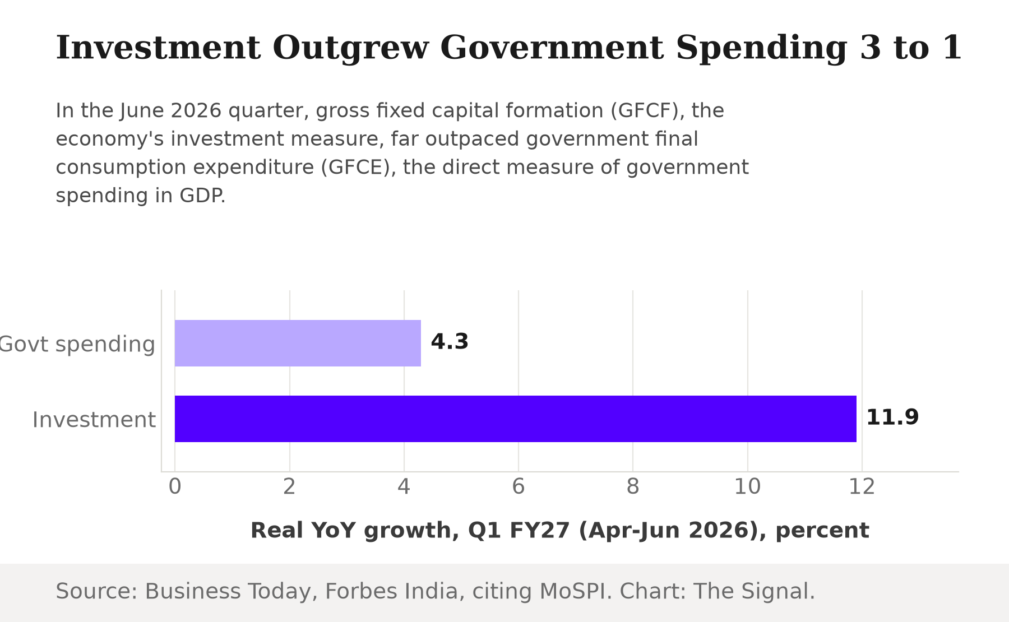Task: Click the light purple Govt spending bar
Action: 298,343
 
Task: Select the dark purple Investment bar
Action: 516,419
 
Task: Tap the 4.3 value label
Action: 450,341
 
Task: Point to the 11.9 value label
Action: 892,417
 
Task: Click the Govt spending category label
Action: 77,344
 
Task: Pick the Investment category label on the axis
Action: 94,419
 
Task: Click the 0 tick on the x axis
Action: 175,486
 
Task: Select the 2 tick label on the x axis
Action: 289,486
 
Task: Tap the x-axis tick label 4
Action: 404,486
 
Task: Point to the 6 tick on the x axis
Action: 519,486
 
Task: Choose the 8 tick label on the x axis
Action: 633,486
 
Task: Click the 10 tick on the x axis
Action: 747,486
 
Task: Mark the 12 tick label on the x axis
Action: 862,486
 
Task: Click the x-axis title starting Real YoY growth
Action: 559,530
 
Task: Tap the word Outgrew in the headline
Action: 350,48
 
